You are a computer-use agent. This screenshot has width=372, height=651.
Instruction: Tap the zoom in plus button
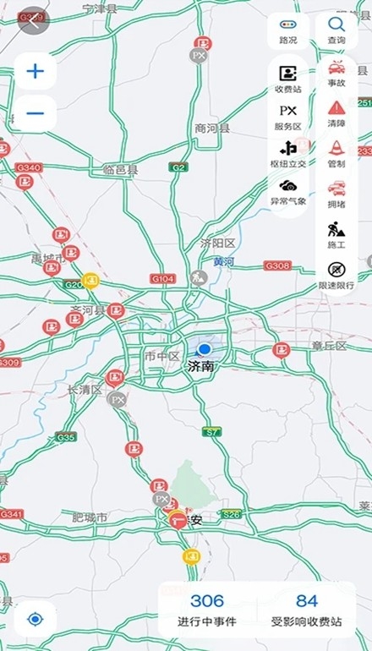(35, 71)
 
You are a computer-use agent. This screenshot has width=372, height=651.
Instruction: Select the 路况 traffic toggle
(287, 31)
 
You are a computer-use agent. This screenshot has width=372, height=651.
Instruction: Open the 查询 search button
(336, 31)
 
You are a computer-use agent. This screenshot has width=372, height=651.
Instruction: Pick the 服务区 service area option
(287, 116)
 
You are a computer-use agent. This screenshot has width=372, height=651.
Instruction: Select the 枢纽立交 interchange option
(287, 153)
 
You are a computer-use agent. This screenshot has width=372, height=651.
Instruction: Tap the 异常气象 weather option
(287, 191)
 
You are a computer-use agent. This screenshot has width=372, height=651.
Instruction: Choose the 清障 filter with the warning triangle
(336, 112)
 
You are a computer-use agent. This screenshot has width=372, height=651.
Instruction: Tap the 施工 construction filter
(336, 233)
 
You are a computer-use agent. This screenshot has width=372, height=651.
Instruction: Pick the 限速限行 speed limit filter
(336, 274)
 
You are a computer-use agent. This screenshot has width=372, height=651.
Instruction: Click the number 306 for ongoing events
(207, 601)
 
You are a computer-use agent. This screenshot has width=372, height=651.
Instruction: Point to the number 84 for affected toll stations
(307, 601)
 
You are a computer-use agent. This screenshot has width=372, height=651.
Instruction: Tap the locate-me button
(35, 619)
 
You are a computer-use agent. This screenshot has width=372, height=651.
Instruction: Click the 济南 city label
(203, 367)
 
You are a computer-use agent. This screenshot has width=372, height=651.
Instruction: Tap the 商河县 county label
(212, 129)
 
